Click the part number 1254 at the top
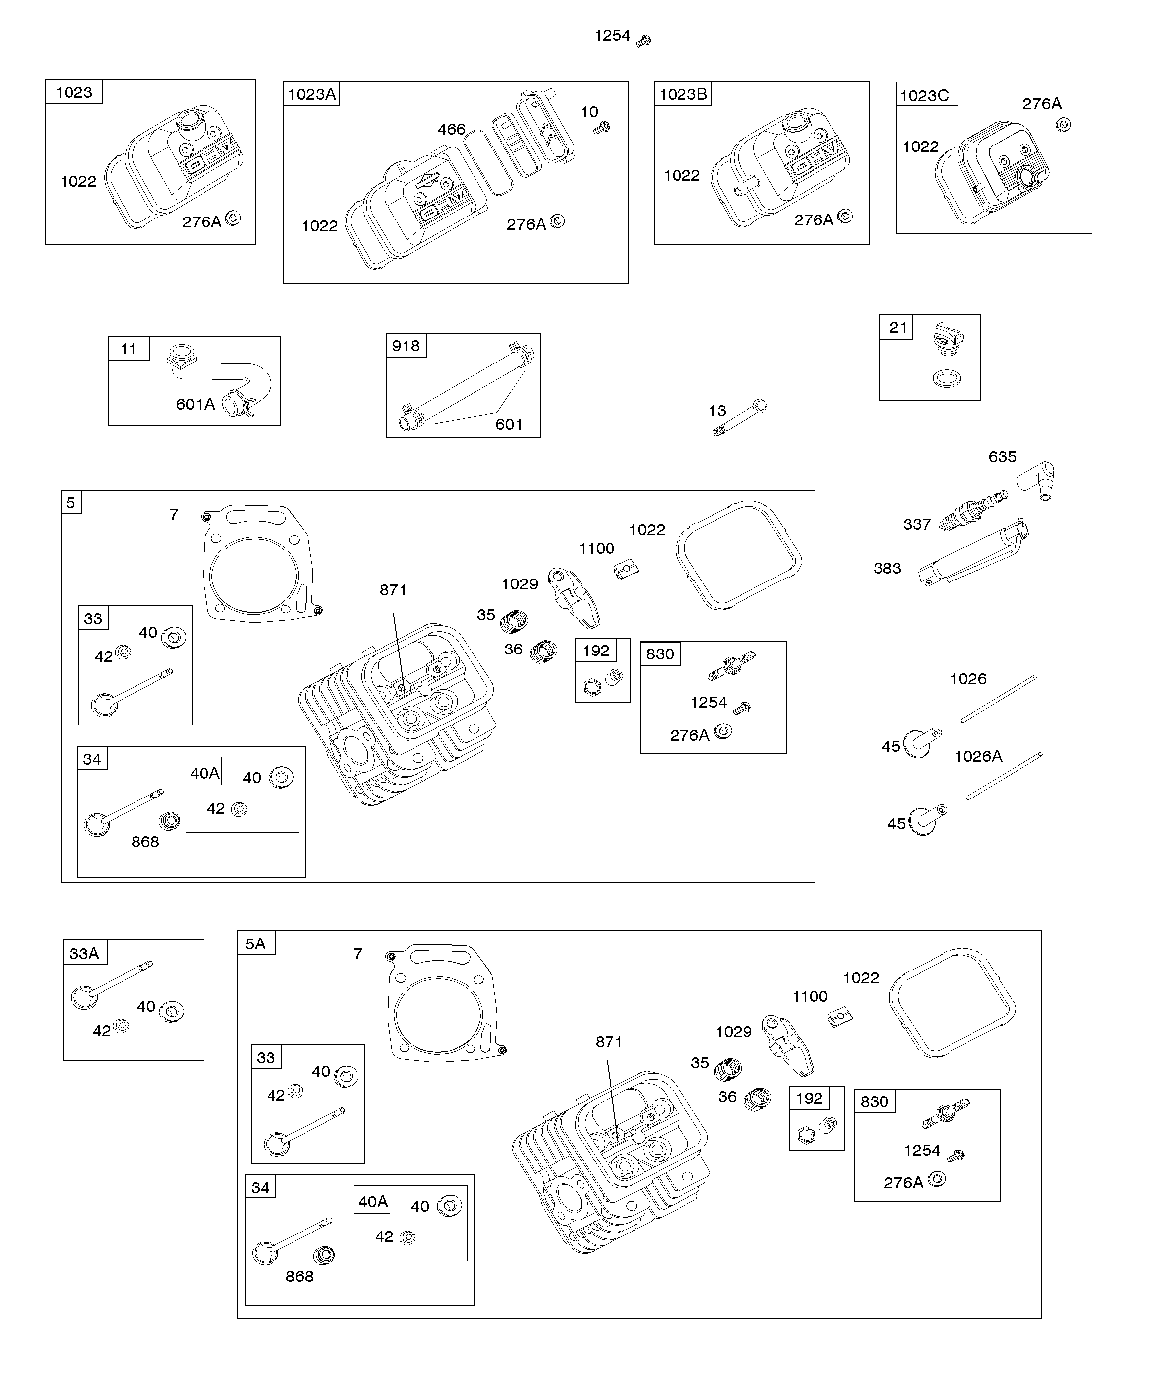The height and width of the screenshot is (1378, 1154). click(x=612, y=35)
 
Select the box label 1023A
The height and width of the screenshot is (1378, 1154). click(x=312, y=94)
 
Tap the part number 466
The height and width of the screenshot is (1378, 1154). click(x=451, y=129)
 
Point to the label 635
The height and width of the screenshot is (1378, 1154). click(x=1002, y=457)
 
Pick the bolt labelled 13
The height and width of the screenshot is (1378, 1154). click(x=740, y=418)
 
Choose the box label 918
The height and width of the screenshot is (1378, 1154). click(x=406, y=346)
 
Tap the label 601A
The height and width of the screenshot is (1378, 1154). click(x=195, y=404)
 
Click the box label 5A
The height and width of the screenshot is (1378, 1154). click(x=255, y=943)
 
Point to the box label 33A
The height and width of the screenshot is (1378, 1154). click(x=84, y=953)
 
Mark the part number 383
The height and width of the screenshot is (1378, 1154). click(x=887, y=568)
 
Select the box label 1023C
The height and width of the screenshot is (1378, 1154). click(x=924, y=96)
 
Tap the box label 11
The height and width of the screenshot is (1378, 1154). click(x=128, y=349)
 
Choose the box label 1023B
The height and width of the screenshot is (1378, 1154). click(x=682, y=94)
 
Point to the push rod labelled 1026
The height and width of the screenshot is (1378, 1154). click(x=999, y=699)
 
